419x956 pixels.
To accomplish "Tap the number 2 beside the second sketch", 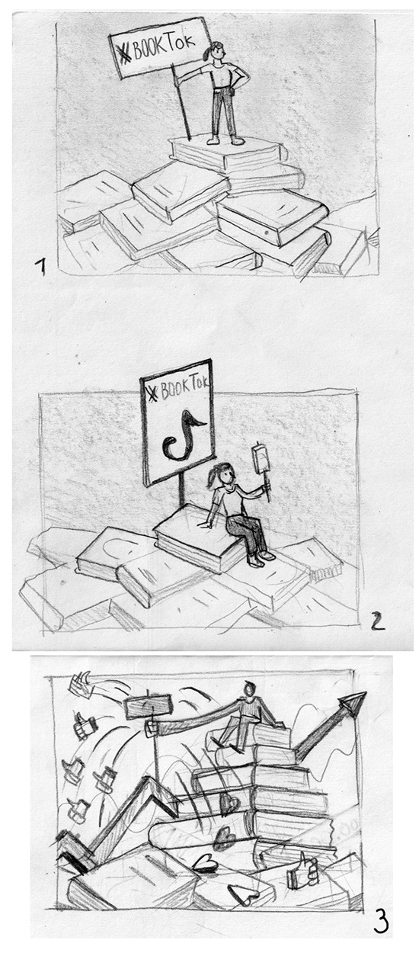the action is [377, 621].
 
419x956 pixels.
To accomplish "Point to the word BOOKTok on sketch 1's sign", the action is [164, 46].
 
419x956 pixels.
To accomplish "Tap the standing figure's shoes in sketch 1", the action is [225, 140].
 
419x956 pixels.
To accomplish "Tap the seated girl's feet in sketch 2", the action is [261, 559].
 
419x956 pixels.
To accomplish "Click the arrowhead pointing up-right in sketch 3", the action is [353, 701].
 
